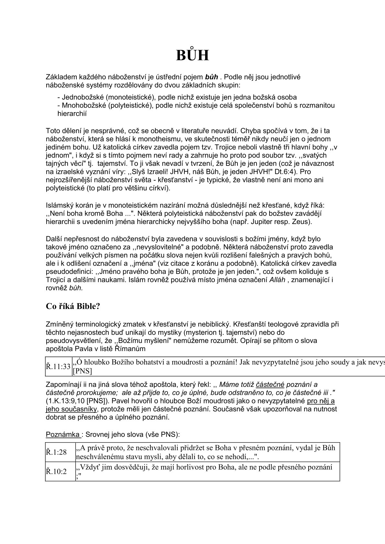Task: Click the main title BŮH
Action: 192,55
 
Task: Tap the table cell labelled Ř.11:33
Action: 58,367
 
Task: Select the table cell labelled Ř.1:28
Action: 56,452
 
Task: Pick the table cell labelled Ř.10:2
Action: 56,472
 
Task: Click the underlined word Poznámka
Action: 63,434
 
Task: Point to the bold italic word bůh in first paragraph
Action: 212,77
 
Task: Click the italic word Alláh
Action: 277,280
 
